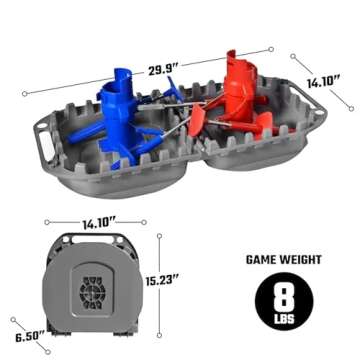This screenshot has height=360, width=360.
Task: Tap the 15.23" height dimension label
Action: point(161,281)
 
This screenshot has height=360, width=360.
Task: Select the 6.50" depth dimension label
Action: point(30,337)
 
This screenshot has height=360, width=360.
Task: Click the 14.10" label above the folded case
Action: point(99,224)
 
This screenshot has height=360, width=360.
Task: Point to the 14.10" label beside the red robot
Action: point(323,82)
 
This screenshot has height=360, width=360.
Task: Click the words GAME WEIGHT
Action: point(283,259)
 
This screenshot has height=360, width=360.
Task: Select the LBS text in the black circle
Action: point(284,318)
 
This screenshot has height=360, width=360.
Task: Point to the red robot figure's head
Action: point(239,68)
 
